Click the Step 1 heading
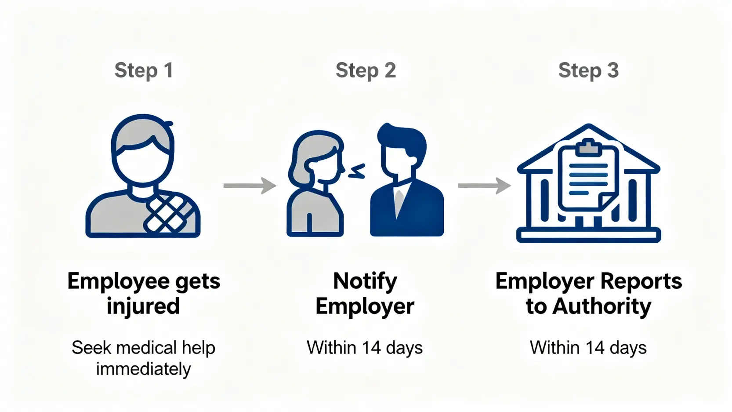tap(144, 70)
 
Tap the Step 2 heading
tap(366, 70)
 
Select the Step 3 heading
tap(588, 70)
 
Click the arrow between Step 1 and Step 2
tap(250, 186)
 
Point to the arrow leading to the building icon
tap(484, 186)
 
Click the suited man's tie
tap(399, 200)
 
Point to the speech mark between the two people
tap(357, 171)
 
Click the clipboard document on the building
tap(588, 178)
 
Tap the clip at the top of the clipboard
tap(588, 147)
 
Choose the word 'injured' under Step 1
tap(143, 306)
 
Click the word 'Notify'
tap(365, 281)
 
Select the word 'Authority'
tap(602, 306)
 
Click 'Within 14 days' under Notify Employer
tap(365, 348)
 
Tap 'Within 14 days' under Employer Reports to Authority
tap(588, 348)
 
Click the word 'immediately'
tap(143, 369)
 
